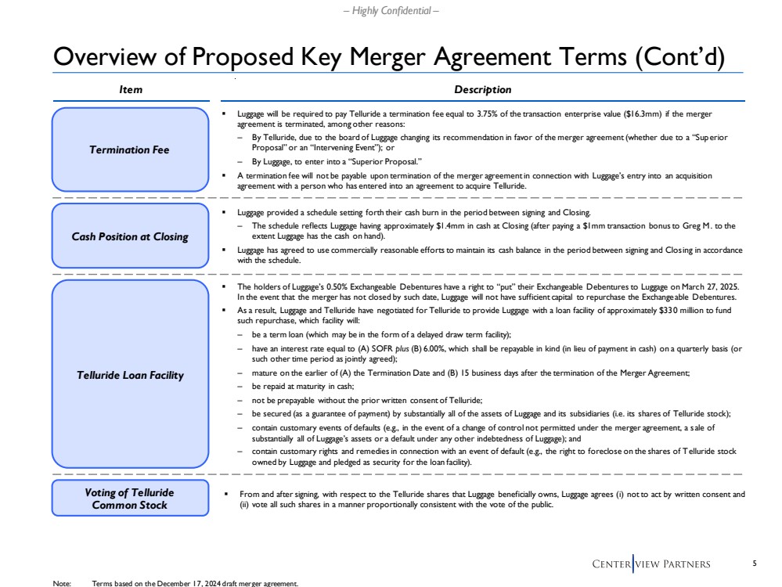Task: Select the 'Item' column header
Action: [130, 90]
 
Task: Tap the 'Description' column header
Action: [482, 90]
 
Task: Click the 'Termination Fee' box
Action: [130, 149]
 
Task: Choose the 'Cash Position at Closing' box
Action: [130, 236]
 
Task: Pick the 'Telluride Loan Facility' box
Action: [130, 375]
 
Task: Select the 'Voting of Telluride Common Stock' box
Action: [130, 499]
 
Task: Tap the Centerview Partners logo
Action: [651, 564]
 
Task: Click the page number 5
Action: [754, 564]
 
